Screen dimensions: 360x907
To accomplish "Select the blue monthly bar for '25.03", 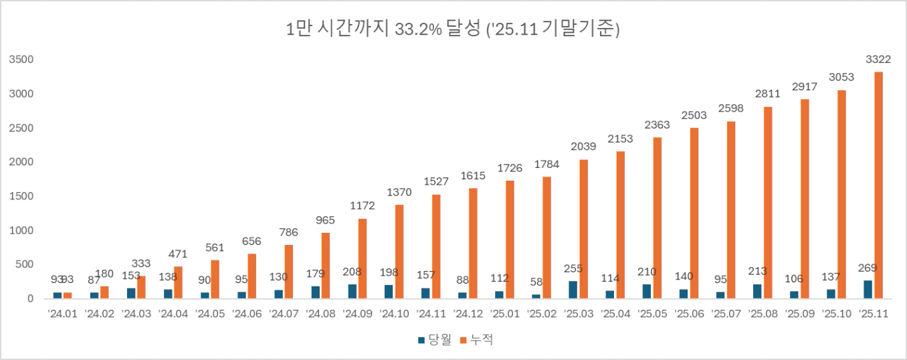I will pos(573,290).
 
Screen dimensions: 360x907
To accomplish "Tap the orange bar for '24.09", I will pos(363,258).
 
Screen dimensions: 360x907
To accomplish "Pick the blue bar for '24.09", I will pos(352,291).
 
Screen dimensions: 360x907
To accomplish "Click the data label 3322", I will pos(878,60).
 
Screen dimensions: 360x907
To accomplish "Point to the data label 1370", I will pos(399,192).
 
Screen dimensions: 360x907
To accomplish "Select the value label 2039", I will pos(584,147).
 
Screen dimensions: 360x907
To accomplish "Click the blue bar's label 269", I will pos(868,268).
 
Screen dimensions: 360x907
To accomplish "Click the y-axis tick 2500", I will pos(22,128).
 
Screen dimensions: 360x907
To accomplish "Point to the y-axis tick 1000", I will pos(22,230).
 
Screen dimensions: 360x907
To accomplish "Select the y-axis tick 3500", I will pos(22,60).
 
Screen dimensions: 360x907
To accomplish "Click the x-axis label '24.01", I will pos(62,313).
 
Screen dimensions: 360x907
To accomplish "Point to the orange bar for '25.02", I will pos(546,238).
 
